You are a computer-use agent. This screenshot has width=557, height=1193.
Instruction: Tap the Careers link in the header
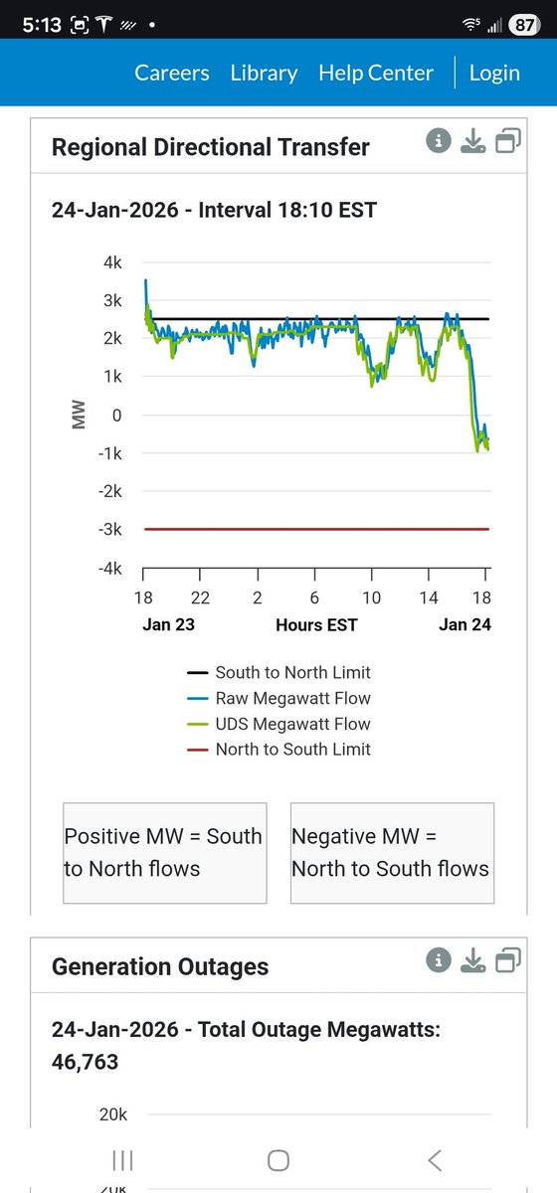click(x=172, y=73)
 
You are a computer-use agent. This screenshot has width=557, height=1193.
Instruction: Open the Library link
click(x=264, y=73)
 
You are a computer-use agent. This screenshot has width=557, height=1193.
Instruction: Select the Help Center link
click(x=376, y=73)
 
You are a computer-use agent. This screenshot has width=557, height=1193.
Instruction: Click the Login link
click(x=494, y=73)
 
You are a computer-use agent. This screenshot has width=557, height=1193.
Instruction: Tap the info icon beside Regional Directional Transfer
click(x=439, y=142)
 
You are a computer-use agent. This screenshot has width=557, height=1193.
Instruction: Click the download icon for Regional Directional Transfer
click(x=473, y=142)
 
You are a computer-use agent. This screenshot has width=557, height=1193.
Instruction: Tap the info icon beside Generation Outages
click(x=439, y=960)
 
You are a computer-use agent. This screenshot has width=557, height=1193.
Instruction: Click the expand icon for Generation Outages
click(x=508, y=960)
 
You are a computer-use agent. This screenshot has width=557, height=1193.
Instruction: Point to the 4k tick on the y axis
click(x=110, y=262)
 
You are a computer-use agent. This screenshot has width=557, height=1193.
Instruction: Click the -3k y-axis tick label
click(x=108, y=530)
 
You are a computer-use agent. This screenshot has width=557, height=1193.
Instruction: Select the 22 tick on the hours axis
click(x=200, y=598)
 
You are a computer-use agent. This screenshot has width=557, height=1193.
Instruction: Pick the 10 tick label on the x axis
click(x=371, y=598)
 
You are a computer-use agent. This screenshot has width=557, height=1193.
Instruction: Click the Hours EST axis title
click(x=316, y=624)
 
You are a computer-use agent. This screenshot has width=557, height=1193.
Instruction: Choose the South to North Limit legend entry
click(x=279, y=673)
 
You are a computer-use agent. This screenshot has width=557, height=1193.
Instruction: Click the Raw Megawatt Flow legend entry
click(x=279, y=699)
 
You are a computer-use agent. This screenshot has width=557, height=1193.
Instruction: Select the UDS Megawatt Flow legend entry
click(x=279, y=724)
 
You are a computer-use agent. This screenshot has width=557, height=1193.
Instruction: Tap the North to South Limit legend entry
click(x=279, y=750)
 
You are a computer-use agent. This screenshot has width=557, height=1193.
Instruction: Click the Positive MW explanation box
click(x=164, y=852)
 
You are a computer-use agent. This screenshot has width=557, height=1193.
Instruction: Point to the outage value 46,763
click(x=85, y=1062)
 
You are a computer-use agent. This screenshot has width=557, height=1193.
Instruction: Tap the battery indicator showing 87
click(x=524, y=27)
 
